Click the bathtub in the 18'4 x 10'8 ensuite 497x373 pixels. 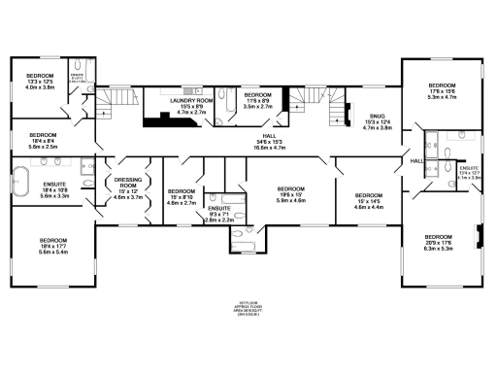[x=21, y=182]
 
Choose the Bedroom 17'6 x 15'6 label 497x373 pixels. [x=442, y=91]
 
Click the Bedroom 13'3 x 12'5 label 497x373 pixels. [x=39, y=82]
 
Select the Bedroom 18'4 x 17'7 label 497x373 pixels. [x=52, y=245]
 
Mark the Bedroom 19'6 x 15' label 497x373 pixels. [x=291, y=194]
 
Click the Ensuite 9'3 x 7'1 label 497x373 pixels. [x=219, y=214]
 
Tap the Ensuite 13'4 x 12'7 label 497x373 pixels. [x=469, y=174]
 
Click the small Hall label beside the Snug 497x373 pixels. [x=415, y=160]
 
